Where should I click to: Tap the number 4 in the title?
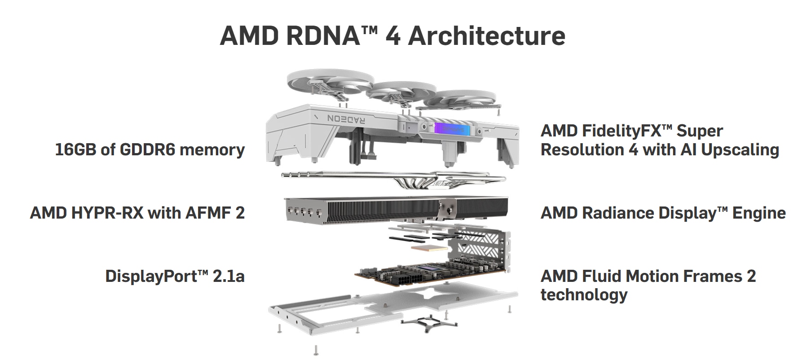tap(392, 36)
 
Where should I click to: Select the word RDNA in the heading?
tap(322, 36)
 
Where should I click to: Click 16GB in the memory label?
tap(75, 149)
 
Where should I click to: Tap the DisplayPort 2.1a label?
tap(175, 276)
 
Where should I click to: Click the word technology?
tap(584, 295)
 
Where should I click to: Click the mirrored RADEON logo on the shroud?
tap(347, 119)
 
